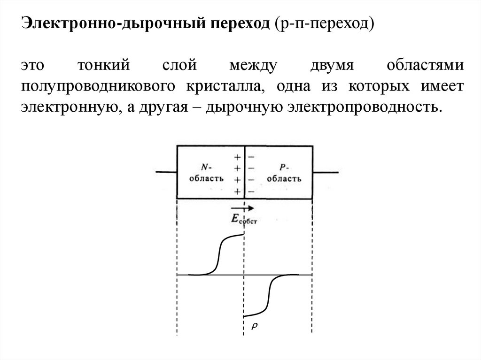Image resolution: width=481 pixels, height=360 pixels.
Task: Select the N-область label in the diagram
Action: [205, 173]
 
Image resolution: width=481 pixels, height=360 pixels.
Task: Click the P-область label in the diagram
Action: [283, 173]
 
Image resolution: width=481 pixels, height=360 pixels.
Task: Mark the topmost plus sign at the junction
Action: [238, 157]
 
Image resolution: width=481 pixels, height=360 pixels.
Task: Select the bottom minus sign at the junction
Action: [251, 191]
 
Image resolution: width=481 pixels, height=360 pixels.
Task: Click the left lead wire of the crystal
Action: [166, 173]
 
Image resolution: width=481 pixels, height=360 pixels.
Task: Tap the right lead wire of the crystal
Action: [324, 173]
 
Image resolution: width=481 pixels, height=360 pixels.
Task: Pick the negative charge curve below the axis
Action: [268, 296]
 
